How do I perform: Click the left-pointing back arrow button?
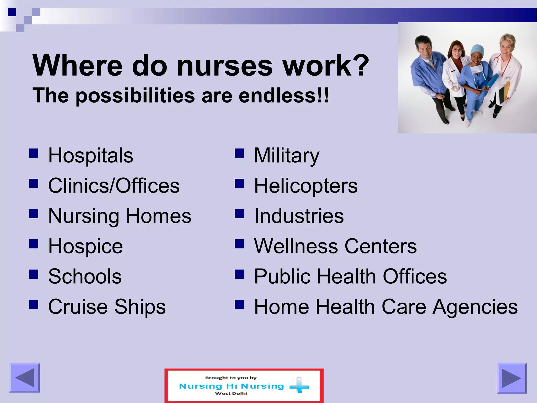tap(25, 378)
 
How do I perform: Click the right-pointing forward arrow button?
tap(511, 378)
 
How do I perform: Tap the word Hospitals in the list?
tap(91, 155)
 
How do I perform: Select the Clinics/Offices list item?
tap(114, 186)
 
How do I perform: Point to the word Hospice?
tap(85, 246)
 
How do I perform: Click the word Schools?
tap(85, 276)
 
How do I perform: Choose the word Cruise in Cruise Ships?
tap(78, 306)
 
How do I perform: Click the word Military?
tap(287, 155)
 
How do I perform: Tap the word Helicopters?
tap(306, 186)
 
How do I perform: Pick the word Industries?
tap(299, 216)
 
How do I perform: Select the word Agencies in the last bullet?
tap(475, 306)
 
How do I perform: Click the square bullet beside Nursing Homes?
tap(34, 214)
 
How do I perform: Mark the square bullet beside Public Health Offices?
tap(239, 274)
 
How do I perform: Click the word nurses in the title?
tap(225, 66)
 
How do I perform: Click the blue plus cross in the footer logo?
tap(299, 386)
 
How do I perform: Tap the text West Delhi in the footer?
tap(231, 393)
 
